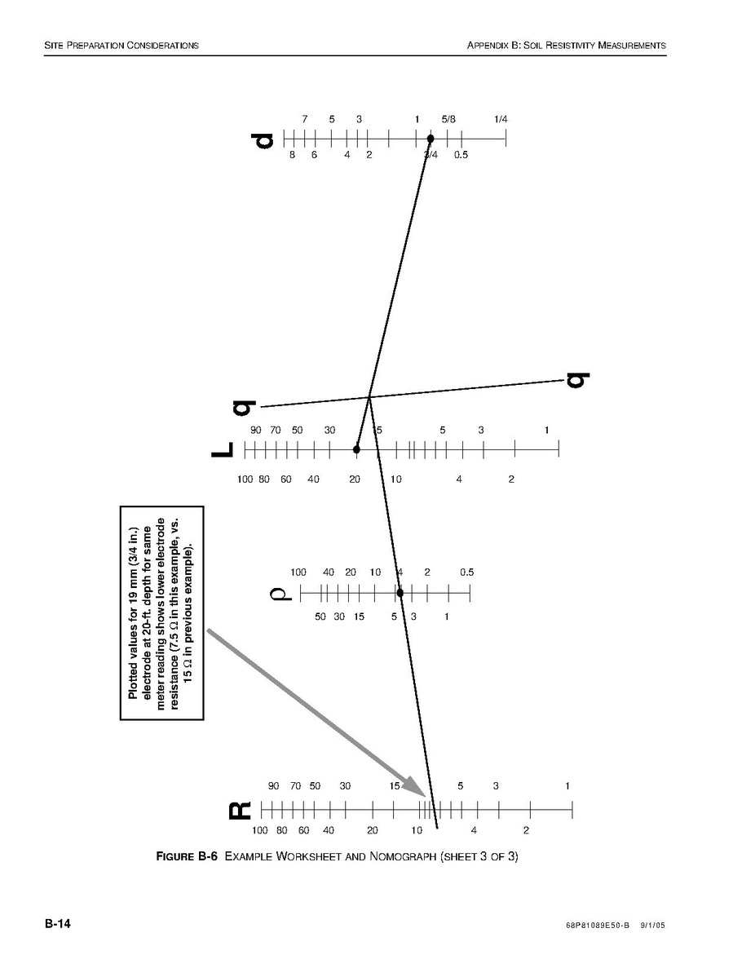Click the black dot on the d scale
click(x=430, y=139)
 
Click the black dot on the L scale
click(x=356, y=449)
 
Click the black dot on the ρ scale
click(x=400, y=592)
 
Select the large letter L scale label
click(x=223, y=449)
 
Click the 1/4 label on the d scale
click(x=501, y=119)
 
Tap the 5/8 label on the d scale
click(x=449, y=119)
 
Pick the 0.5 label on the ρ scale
click(x=466, y=572)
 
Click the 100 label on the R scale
click(x=259, y=831)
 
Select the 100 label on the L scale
click(x=245, y=480)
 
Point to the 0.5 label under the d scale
click(x=461, y=155)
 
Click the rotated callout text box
click(x=161, y=613)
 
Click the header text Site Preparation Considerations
click(x=121, y=45)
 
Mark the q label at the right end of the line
click(x=577, y=380)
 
